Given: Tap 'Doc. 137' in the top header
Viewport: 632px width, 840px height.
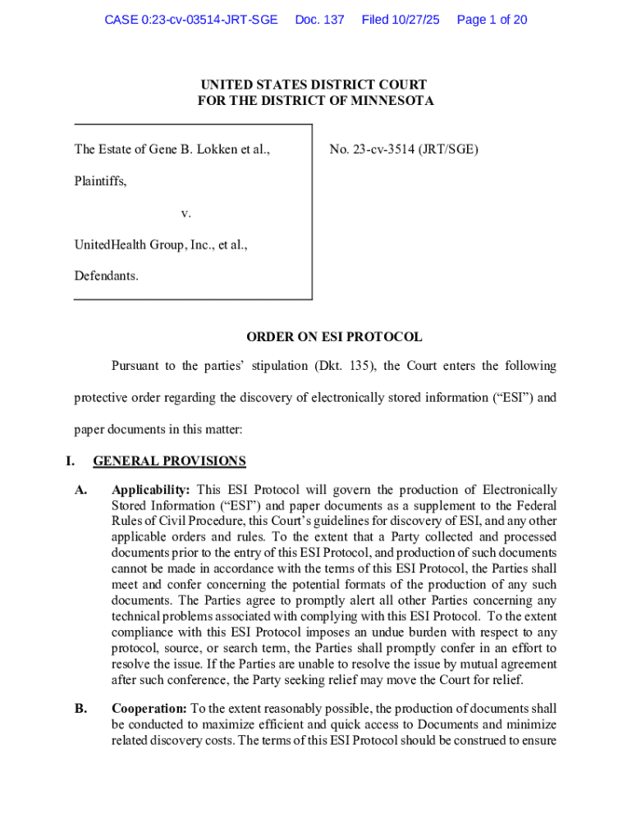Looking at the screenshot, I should tap(319, 20).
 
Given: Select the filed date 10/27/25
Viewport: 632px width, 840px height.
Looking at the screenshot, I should tap(414, 20).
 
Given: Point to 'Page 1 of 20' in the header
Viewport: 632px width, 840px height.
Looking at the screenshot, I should tap(492, 20).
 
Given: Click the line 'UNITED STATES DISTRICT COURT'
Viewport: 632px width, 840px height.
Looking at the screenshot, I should tap(315, 85).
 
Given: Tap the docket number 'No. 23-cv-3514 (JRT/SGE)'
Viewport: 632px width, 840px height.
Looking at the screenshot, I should tap(404, 149).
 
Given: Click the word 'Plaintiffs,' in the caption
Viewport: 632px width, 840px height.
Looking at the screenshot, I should tap(101, 180).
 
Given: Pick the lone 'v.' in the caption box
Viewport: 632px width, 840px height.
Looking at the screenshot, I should tap(186, 212).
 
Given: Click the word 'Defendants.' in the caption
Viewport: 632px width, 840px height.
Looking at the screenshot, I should tap(107, 276).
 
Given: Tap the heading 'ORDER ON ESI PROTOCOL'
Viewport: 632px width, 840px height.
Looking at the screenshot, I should tap(335, 336).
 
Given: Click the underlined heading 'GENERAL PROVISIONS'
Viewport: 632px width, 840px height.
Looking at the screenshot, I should tap(170, 461).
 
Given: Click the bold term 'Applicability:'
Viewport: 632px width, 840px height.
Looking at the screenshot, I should tap(151, 490).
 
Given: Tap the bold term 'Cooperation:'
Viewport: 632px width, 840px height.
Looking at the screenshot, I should tap(150, 709).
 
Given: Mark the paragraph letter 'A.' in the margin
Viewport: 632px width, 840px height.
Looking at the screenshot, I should tap(80, 490).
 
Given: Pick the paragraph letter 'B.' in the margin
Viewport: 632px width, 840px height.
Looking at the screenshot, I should tap(80, 709).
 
